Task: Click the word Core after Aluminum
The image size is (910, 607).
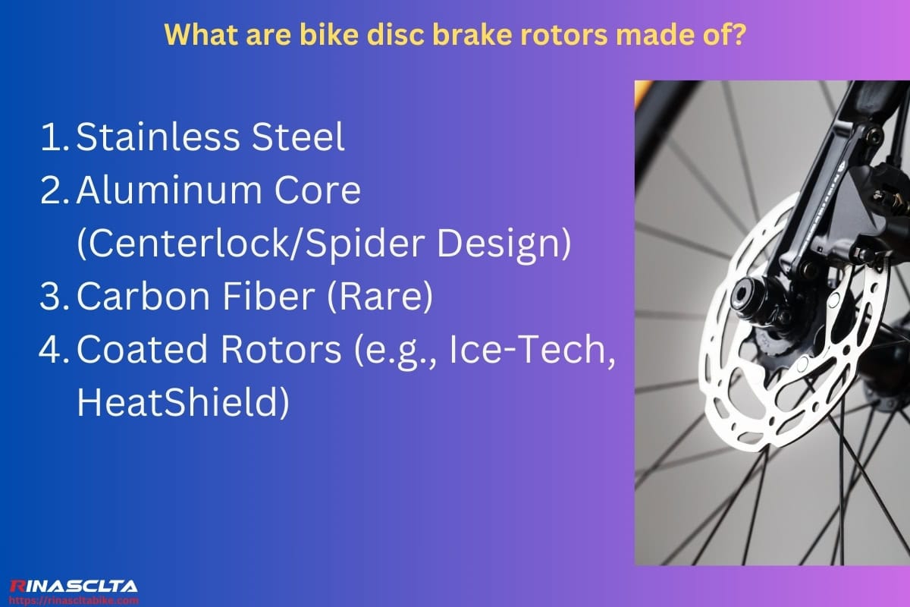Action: pos(325,190)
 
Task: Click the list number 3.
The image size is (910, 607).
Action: pos(51,297)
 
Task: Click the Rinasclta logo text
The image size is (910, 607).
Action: pos(74,585)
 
